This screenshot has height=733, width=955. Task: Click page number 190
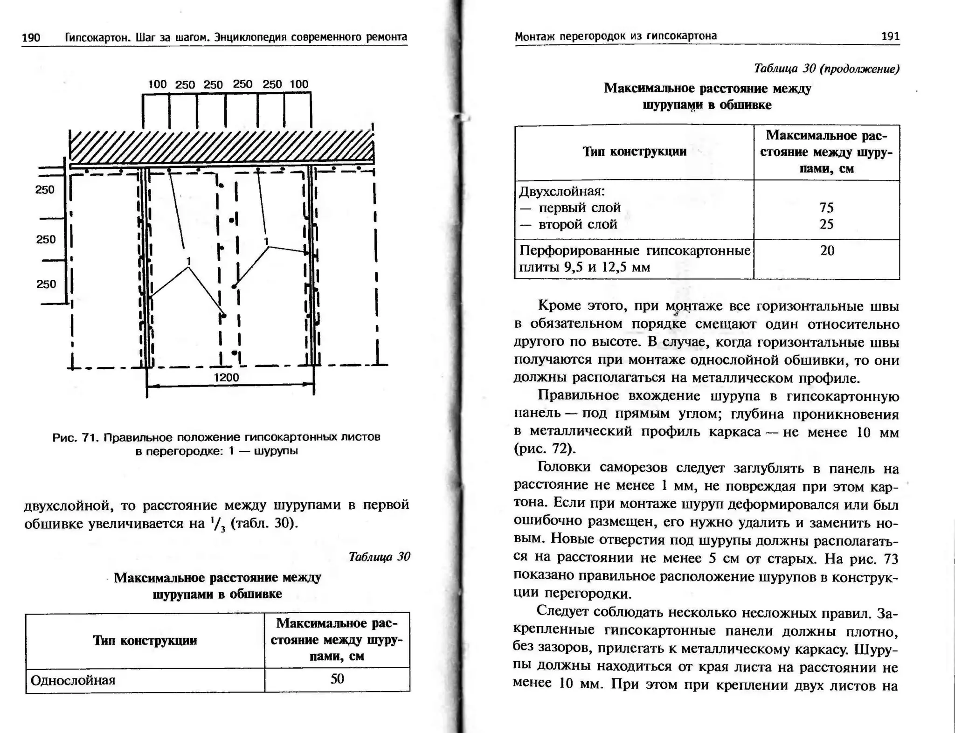pos(31,37)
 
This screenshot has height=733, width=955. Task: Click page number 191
pos(890,36)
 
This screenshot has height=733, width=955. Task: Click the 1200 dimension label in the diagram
pos(227,377)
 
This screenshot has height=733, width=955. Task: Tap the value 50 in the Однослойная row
pos(337,679)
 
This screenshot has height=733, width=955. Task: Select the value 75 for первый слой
pos(826,207)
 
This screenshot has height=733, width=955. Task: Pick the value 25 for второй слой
pos(826,224)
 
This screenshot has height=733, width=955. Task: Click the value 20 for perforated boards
pos(827,250)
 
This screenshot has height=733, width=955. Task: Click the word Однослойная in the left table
pos(73,680)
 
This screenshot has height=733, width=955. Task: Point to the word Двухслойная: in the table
pos(562,191)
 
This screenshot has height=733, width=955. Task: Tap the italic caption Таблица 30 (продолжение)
pos(826,69)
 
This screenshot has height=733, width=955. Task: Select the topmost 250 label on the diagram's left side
pos(45,190)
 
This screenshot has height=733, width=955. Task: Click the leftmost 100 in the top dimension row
pos(157,84)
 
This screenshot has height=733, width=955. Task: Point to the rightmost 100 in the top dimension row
pos(299,84)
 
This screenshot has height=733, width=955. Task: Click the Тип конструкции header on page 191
pos(634,152)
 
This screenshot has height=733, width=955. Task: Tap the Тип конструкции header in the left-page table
pos(145,640)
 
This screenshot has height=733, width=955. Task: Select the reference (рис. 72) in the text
pos(545,449)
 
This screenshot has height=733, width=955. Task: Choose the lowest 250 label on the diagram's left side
pos(46,284)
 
